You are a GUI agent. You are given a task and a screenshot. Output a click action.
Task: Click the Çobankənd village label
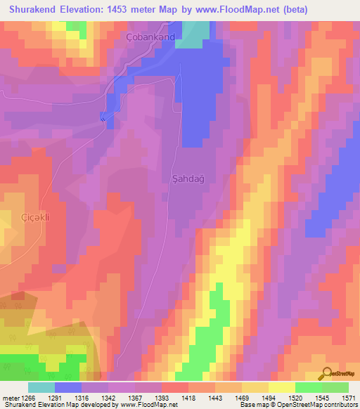(x=150, y=37)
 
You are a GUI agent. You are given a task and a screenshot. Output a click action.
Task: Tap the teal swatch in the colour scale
(x=41, y=387)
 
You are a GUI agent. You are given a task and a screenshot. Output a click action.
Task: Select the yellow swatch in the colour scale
(x=282, y=387)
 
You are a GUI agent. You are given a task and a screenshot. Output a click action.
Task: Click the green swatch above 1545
(x=309, y=387)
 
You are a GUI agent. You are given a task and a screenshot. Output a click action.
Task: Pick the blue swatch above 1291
(x=68, y=387)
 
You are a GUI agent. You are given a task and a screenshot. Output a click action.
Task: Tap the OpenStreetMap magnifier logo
(x=326, y=373)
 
